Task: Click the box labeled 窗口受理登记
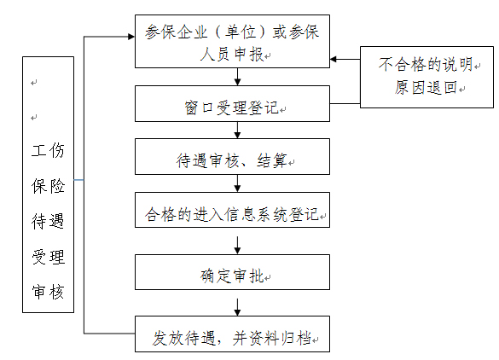click(x=232, y=103)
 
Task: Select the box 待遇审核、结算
click(x=232, y=156)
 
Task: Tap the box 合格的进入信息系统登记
click(x=232, y=210)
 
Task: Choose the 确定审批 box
click(x=232, y=272)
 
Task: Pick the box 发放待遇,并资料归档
click(x=232, y=334)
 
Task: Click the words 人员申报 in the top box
click(x=232, y=55)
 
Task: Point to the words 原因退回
click(x=426, y=87)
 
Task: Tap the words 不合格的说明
click(x=426, y=64)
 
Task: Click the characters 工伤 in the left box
click(x=48, y=150)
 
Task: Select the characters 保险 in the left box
click(x=48, y=186)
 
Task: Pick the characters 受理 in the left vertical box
click(x=48, y=257)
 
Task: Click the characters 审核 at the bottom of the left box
click(x=48, y=292)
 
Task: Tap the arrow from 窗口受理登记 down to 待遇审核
click(x=237, y=130)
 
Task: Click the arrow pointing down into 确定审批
click(x=237, y=245)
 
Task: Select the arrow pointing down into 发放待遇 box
click(x=237, y=307)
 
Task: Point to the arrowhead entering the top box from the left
click(x=131, y=37)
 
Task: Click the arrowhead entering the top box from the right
click(x=334, y=59)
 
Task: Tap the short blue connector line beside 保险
click(x=79, y=180)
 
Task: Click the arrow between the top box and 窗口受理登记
click(x=237, y=77)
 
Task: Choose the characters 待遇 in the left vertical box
click(x=48, y=221)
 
